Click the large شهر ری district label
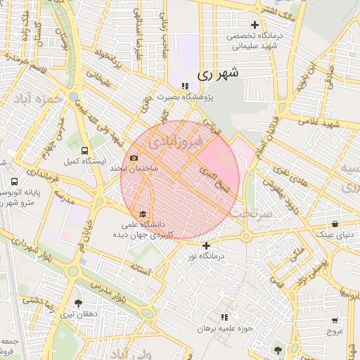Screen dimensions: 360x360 tap(219, 72)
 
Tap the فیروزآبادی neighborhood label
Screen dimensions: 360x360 tap(175, 142)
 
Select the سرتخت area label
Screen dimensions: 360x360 tap(251, 212)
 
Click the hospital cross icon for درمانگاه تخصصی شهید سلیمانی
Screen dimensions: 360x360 tap(255, 25)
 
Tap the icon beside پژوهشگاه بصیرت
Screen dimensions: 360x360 tap(184, 86)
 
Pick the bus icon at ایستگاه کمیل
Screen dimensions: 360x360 tap(85, 150)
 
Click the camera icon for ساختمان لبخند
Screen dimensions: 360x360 tap(134, 158)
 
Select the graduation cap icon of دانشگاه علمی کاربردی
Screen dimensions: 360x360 tap(143, 213)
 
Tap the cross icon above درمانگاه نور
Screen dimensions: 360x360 tap(206, 245)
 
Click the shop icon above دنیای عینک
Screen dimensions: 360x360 tap(335, 224)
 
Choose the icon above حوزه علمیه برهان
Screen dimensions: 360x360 tap(224, 318)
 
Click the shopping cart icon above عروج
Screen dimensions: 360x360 tap(335, 320)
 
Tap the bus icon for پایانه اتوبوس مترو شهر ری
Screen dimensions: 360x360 tap(15, 181)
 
